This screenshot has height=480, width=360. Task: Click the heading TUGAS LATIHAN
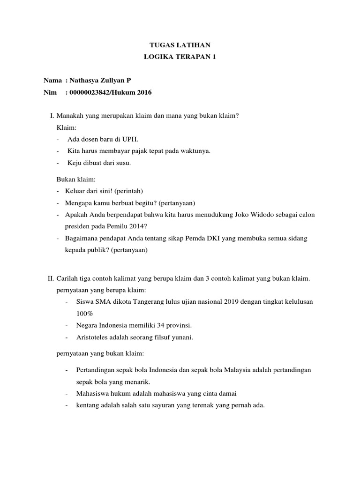(180, 45)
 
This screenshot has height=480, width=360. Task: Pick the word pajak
(153, 151)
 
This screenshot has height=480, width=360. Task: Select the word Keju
(74, 163)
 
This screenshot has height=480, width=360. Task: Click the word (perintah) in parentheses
(128, 191)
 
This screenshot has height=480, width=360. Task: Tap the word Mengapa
(78, 202)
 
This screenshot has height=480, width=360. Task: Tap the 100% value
(85, 313)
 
